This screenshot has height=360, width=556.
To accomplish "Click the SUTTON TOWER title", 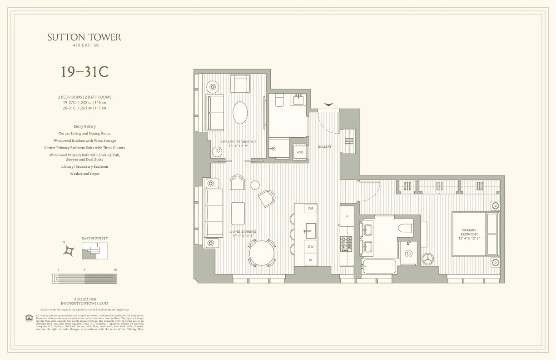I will [84, 37].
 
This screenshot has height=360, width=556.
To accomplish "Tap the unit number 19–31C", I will [85, 72].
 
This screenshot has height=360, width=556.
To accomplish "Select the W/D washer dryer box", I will [300, 152].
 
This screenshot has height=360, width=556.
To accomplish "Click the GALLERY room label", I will [324, 146].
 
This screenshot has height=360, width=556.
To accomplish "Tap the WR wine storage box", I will [311, 208].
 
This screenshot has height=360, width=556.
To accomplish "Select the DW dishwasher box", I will [311, 246].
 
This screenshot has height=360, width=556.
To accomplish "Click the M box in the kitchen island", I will [311, 260].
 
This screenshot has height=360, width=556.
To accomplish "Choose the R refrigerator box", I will [347, 216].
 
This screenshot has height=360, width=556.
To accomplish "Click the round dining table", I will [262, 252].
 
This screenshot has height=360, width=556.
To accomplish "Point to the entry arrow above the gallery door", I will [328, 105].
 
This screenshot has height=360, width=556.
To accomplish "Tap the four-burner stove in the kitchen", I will [347, 244].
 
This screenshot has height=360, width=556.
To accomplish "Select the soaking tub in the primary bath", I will [379, 266].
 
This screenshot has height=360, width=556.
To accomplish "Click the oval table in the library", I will [241, 113].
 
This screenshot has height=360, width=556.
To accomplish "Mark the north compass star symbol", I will [69, 250].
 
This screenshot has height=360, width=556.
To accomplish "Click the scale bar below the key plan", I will [85, 278].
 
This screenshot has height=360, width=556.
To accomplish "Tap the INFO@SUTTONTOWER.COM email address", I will [84, 303].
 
